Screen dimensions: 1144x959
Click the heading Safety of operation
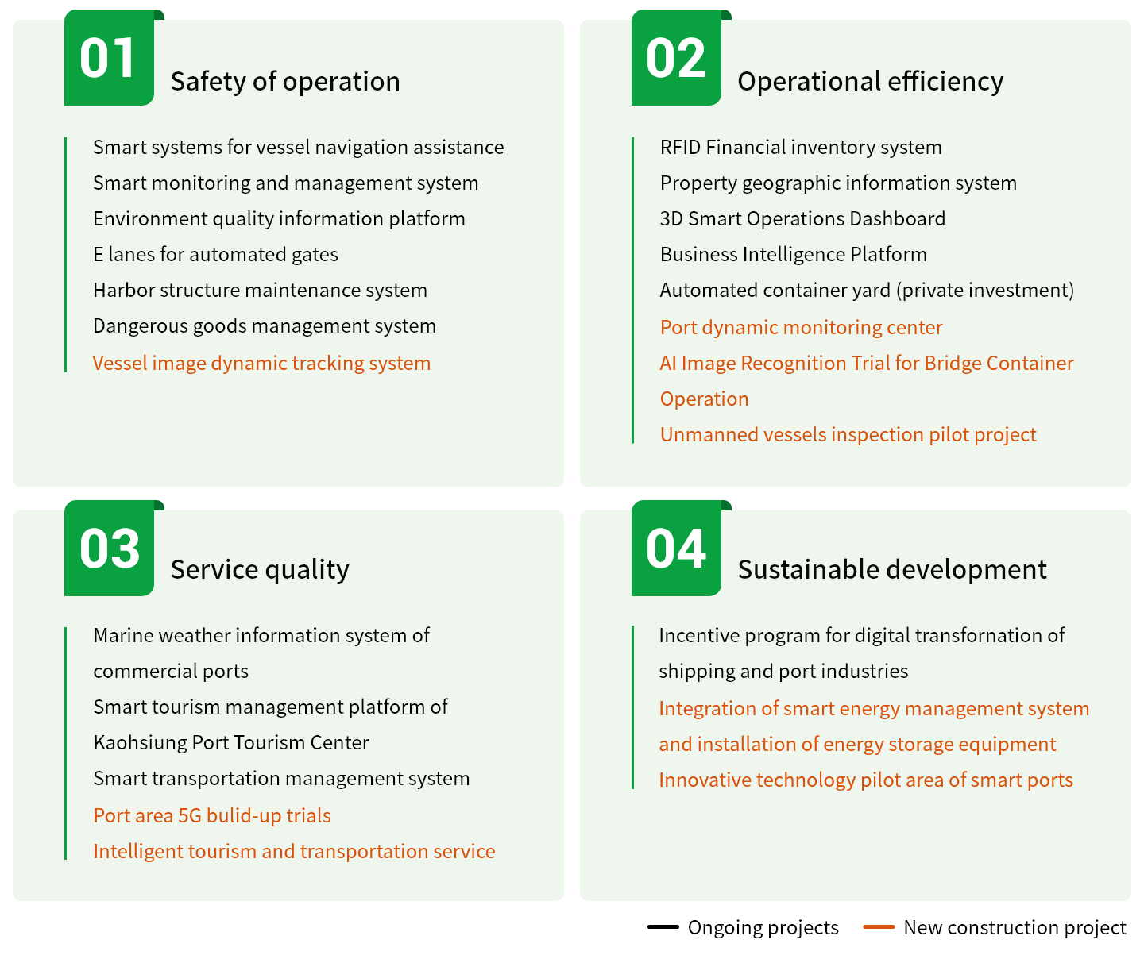pyautogui.click(x=285, y=82)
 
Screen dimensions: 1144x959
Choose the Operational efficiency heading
pyautogui.click(x=870, y=82)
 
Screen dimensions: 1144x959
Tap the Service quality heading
pyautogui.click(x=260, y=570)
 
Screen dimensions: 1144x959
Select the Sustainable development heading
pyautogui.click(x=892, y=569)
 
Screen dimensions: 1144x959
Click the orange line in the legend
pyautogui.click(x=879, y=927)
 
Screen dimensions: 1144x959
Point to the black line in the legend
pyautogui.click(x=663, y=927)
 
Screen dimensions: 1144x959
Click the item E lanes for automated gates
pyautogui.click(x=215, y=255)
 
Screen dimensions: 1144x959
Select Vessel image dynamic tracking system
pyautogui.click(x=261, y=364)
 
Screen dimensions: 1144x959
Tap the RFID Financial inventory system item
pyautogui.click(x=801, y=148)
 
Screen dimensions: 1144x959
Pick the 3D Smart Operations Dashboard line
pyautogui.click(x=802, y=219)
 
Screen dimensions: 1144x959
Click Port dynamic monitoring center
pyautogui.click(x=801, y=328)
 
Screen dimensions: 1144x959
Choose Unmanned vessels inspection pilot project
pyautogui.click(x=848, y=435)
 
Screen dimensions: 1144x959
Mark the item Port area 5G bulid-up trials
pyautogui.click(x=212, y=816)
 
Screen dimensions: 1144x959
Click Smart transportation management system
pyautogui.click(x=281, y=779)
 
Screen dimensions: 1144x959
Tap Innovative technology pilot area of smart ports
pyautogui.click(x=866, y=780)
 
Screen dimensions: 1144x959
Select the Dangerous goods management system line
pyautogui.click(x=264, y=326)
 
